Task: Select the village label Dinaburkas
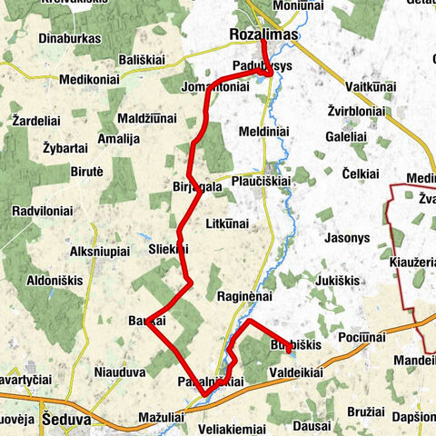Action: (70, 40)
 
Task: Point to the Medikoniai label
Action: (89, 79)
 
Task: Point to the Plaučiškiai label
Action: (260, 181)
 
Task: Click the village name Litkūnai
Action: (227, 223)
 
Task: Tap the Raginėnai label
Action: (245, 296)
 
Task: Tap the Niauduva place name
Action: (120, 372)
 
